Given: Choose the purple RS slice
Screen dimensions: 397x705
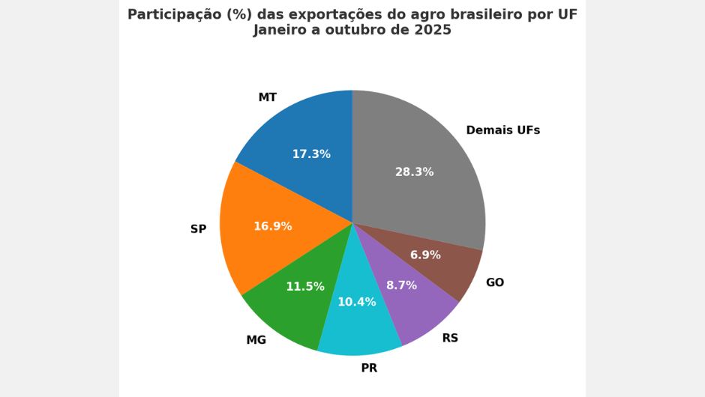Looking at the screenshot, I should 420,307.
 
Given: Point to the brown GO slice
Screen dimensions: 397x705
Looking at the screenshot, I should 457,266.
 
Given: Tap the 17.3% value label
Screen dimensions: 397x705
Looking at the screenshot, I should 311,154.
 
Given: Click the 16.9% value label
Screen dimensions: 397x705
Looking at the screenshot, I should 272,226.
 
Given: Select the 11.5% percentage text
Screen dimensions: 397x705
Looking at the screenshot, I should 305,287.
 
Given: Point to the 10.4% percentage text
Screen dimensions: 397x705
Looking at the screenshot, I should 357,303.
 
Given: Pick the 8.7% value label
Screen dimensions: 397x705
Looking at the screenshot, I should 401,285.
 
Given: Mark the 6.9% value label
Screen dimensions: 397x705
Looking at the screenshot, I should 425,255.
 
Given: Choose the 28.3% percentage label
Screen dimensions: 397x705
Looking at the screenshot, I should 414,172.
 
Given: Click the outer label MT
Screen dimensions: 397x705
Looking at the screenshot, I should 267,97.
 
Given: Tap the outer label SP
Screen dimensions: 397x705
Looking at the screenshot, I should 198,229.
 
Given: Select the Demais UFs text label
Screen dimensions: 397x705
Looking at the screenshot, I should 502,130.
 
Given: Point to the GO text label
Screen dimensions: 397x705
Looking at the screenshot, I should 495,282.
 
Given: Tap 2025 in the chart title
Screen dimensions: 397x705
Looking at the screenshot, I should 431,30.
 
